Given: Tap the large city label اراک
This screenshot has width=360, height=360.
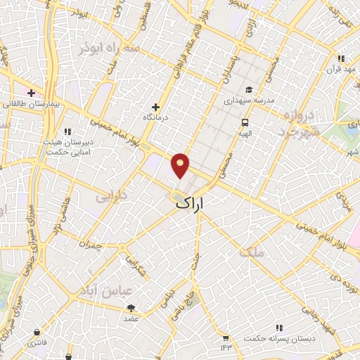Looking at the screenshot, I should [x=191, y=203].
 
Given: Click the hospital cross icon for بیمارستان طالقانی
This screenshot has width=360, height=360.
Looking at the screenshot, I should [x=31, y=93].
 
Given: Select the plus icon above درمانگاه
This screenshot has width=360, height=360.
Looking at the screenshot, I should [x=155, y=107].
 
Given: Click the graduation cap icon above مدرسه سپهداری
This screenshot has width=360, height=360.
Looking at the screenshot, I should [x=248, y=89].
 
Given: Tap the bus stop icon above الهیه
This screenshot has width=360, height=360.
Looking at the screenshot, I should [x=244, y=120].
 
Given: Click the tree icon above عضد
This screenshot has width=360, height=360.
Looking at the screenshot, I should [x=131, y=308].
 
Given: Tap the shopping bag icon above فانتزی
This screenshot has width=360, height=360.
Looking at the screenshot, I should [x=36, y=332].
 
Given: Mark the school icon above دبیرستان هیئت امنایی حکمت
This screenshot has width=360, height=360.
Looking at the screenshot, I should [x=67, y=131].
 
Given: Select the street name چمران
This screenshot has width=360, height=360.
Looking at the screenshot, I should [x=91, y=246].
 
